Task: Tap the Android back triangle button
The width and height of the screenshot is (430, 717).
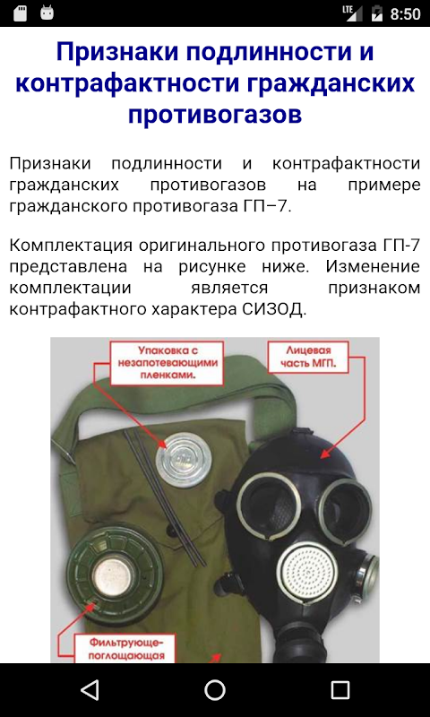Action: [x=90, y=689]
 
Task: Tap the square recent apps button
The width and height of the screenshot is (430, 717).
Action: [x=340, y=689]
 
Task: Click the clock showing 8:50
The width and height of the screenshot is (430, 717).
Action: [x=405, y=13]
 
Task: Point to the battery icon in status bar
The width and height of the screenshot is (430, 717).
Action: [x=376, y=13]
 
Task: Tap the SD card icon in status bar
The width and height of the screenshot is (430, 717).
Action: [x=20, y=13]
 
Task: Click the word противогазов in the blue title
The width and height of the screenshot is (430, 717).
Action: [x=215, y=115]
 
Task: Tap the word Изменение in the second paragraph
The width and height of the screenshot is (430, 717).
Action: [x=373, y=266]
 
